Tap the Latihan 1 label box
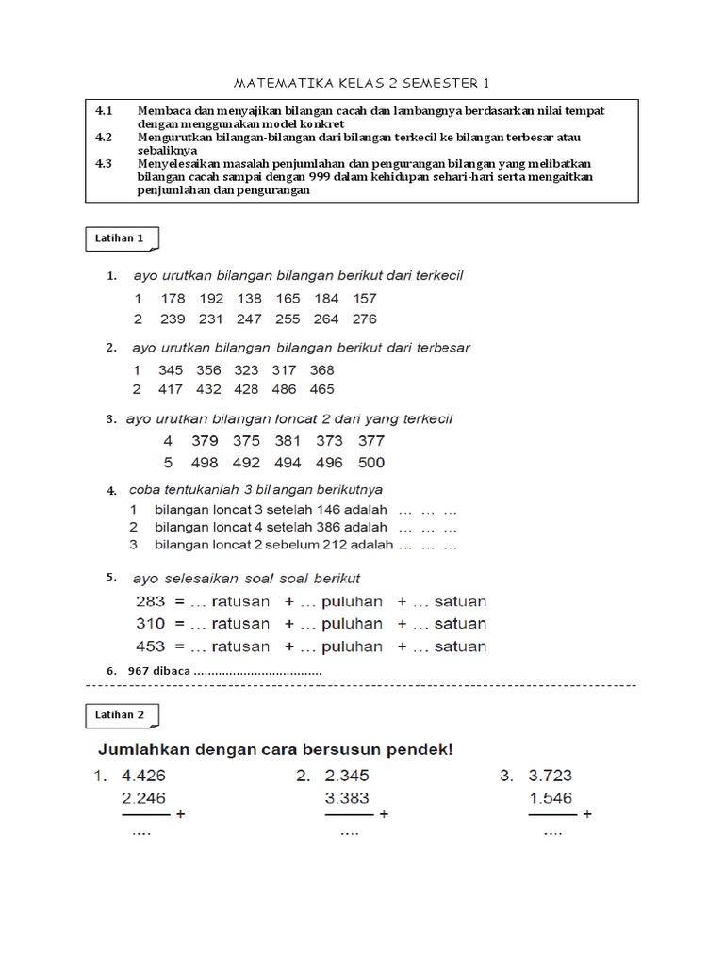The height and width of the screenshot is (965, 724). click(120, 239)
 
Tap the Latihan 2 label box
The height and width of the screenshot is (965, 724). click(120, 715)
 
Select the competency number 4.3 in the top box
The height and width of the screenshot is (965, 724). click(104, 163)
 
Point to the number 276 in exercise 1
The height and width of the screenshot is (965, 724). click(364, 319)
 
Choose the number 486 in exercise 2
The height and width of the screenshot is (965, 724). click(284, 389)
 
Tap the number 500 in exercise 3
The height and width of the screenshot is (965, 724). click(371, 463)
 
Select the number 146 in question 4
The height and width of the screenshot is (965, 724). click(337, 510)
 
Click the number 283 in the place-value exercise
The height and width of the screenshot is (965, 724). click(150, 601)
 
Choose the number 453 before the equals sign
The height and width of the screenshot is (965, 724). click(150, 646)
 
